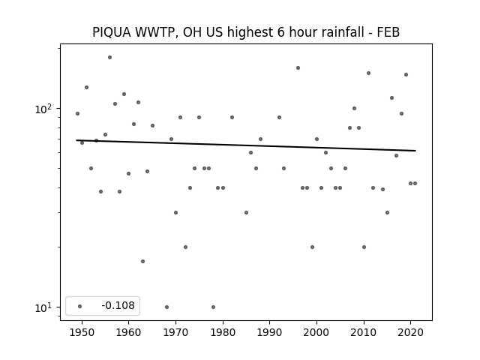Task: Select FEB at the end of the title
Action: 388,32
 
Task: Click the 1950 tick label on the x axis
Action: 82,333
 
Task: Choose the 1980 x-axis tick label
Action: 223,333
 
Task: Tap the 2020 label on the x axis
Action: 411,333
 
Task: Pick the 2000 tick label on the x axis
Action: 316,333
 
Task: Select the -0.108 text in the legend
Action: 118,305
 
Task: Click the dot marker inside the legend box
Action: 80,306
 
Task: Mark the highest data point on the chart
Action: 110,58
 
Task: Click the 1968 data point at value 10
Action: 166,307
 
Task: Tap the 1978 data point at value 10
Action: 213,307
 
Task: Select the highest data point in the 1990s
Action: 298,68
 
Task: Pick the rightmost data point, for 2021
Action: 415,183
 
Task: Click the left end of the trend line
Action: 76,140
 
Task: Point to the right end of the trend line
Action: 415,151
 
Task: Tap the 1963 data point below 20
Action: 143,262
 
